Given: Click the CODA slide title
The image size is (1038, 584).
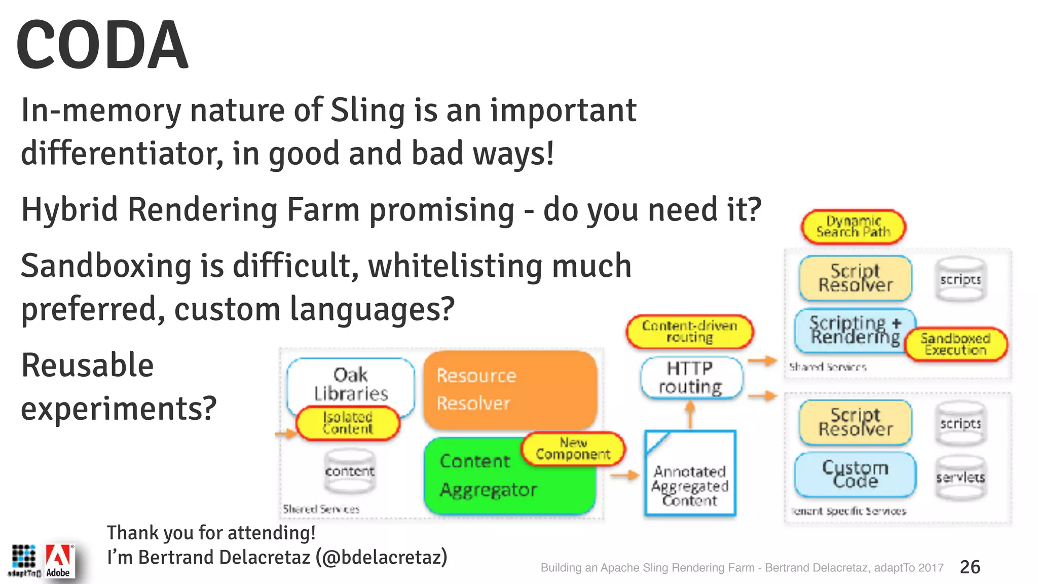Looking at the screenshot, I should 102,45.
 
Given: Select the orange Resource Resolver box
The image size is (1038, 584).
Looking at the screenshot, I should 509,389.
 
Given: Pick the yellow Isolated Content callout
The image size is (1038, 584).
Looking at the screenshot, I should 348,423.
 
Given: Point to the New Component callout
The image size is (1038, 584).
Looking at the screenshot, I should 573,449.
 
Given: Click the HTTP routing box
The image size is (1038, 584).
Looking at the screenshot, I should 690,378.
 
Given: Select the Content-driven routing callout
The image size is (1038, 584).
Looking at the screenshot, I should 690,332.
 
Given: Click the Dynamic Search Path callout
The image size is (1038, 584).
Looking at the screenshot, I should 853,227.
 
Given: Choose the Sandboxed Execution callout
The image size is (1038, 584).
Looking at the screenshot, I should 955,344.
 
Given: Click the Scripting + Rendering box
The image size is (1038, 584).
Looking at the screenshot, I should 855,330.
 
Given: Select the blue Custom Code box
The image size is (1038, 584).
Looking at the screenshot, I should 855,474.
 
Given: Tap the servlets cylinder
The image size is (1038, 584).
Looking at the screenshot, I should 960,478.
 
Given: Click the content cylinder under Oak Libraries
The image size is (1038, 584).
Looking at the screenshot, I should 350,471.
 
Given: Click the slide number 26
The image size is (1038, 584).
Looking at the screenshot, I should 970,567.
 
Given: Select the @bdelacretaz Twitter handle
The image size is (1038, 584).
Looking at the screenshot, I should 381,557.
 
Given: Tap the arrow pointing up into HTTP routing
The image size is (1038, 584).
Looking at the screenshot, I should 690,415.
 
